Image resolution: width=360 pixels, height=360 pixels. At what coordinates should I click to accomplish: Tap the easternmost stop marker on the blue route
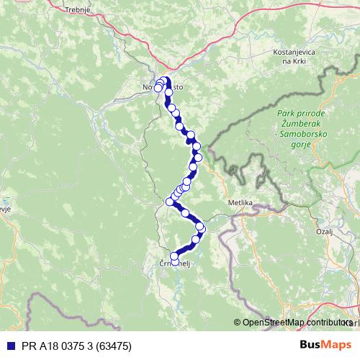tap(201, 228)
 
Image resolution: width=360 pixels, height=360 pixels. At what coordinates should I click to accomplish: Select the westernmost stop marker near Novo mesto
tap(158, 88)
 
